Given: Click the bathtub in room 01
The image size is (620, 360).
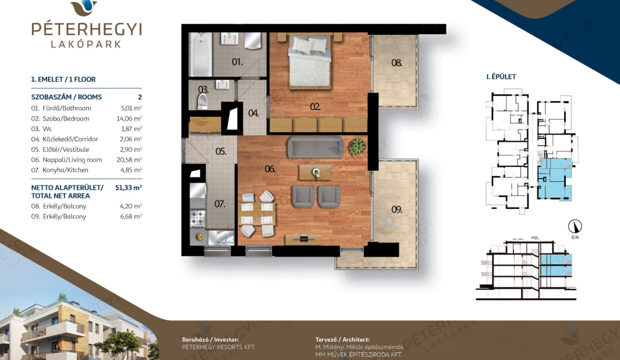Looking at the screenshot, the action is coord(200,54).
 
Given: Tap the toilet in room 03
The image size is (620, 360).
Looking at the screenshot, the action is coord(202,101).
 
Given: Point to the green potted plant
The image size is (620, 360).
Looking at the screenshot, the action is coord(357,146).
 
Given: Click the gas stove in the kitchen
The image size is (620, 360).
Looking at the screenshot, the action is coord(197,218).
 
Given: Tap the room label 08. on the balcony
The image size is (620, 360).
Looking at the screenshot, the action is coord(396,63).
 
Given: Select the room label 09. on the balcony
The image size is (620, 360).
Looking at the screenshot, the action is coord(396,209).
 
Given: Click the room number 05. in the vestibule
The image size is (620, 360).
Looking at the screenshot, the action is coord(220,151).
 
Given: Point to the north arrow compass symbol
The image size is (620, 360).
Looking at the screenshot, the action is coord(575,226).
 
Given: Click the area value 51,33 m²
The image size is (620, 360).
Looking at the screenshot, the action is coord(128,187).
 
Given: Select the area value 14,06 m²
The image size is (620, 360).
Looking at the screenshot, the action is coord(129,118).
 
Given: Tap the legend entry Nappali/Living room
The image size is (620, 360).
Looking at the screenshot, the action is coord(72,159).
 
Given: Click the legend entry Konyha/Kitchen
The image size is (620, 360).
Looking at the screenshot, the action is coord(65,170).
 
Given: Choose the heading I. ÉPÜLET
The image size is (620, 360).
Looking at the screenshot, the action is coord(501,76).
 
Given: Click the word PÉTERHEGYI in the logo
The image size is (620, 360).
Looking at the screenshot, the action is coord(86,29).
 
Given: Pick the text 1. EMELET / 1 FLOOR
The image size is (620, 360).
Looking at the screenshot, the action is coord(63,79).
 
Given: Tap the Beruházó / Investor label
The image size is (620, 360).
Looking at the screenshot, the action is coord(210,339).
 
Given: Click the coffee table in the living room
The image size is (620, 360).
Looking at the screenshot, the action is coord(315,172).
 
